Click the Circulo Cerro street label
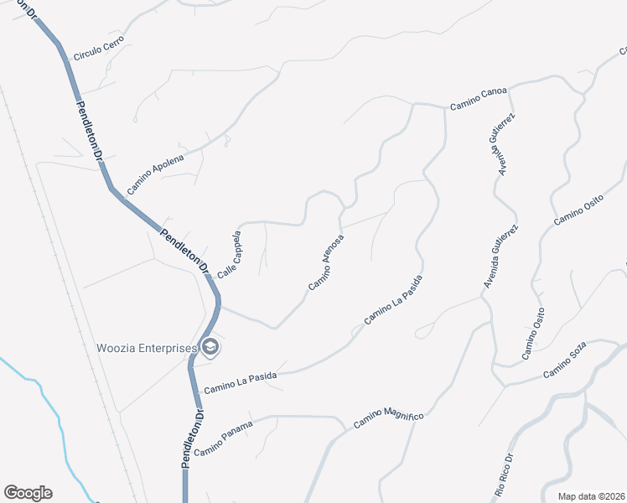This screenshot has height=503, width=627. point(99,49)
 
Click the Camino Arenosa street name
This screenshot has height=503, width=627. point(326,263)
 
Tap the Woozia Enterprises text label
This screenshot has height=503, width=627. point(147,348)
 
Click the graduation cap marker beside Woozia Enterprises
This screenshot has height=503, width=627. point(210,347)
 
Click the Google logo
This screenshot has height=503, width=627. point(28,493)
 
